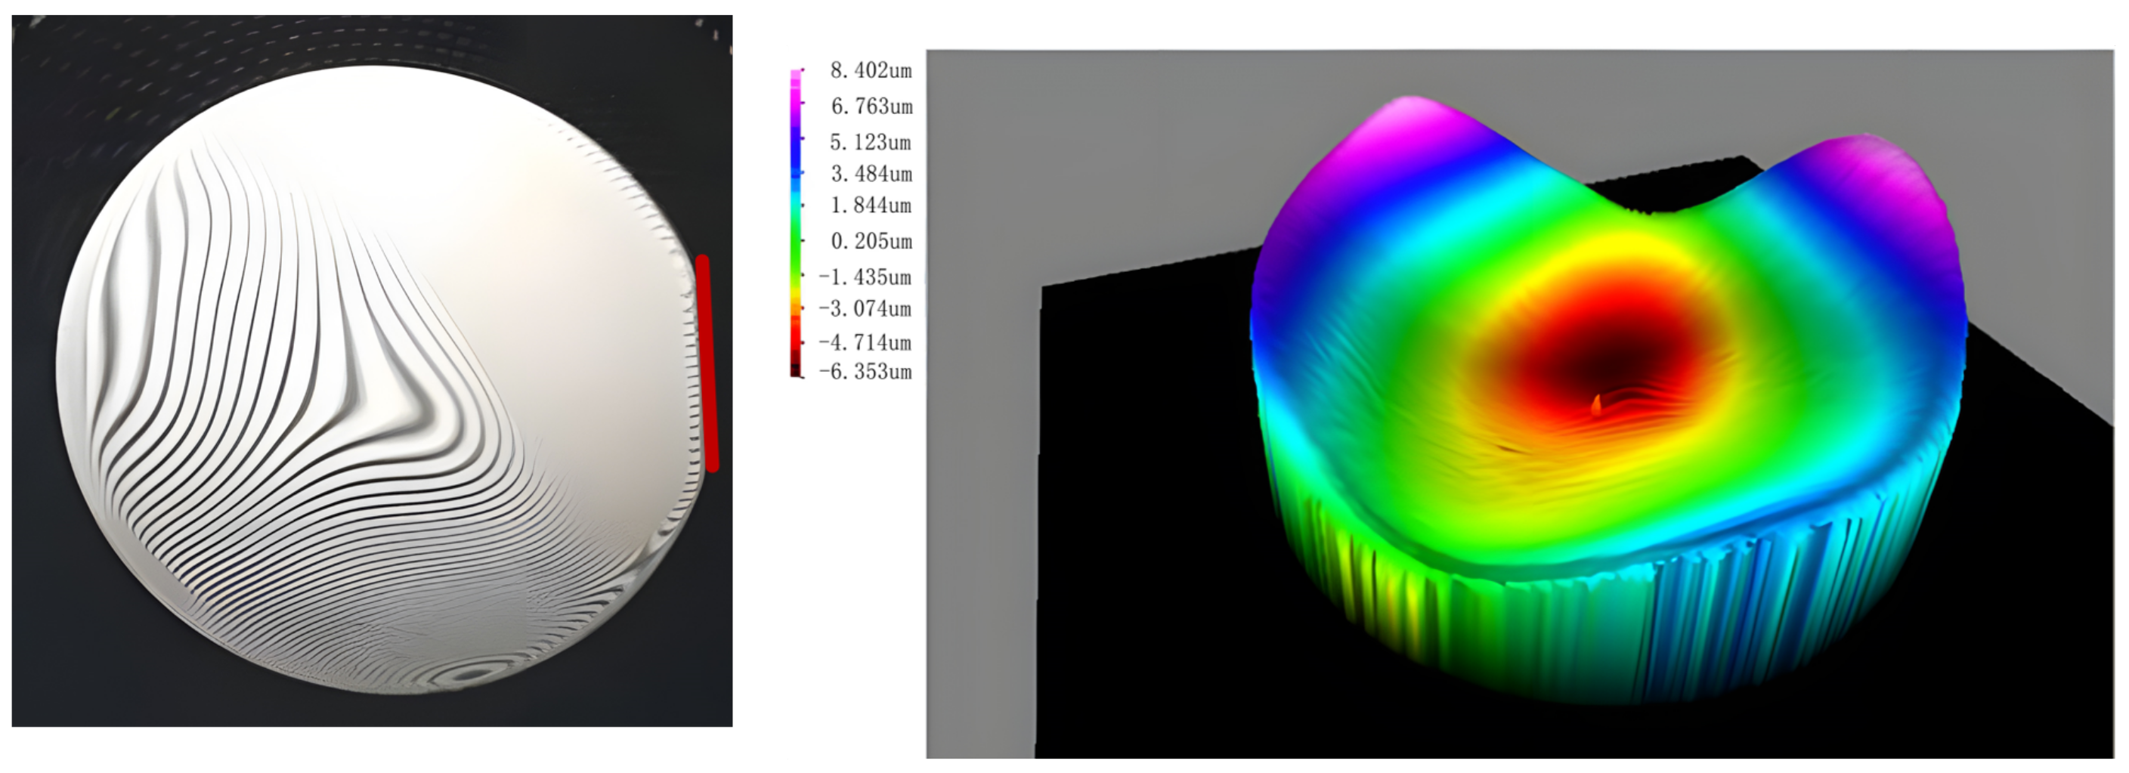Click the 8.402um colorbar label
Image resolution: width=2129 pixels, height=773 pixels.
coord(871,71)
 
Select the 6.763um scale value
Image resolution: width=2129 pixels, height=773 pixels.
coord(871,107)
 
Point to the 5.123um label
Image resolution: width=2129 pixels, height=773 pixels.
coord(871,142)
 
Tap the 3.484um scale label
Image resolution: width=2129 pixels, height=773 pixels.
coord(871,175)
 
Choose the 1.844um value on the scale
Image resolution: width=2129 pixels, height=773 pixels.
coord(871,205)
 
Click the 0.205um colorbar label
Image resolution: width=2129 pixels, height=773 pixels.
coord(871,241)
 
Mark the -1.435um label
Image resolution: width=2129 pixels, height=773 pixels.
coord(865,277)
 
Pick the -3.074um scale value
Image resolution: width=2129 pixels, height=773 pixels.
coord(865,309)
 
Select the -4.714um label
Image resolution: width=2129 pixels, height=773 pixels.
coord(865,342)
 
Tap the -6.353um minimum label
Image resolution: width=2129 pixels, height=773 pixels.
coord(865,372)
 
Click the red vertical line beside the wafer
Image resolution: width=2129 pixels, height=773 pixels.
coord(707,363)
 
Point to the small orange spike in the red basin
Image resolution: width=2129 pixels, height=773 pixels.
coord(1596,404)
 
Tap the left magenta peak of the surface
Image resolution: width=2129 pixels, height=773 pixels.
coord(1405,116)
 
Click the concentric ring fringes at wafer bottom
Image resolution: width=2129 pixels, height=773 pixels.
coord(471,674)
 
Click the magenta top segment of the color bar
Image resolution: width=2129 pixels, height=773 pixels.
coord(797,91)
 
